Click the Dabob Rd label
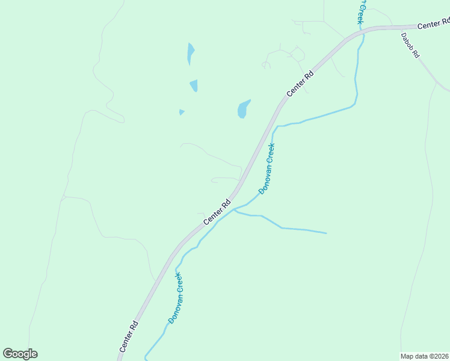tap(410, 45)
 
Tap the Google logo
tap(20, 354)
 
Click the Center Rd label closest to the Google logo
tap(129, 336)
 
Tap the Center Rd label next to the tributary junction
tap(217, 213)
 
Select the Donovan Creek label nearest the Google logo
tap(175, 298)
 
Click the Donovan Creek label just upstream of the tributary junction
tap(267, 168)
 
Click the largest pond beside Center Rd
tap(242, 110)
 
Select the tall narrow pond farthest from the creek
tap(190, 53)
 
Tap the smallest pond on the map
tap(182, 112)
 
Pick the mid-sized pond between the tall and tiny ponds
tap(194, 85)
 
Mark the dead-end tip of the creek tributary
tap(326, 233)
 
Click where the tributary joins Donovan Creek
tap(234, 210)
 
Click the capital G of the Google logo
tap(8, 354)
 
